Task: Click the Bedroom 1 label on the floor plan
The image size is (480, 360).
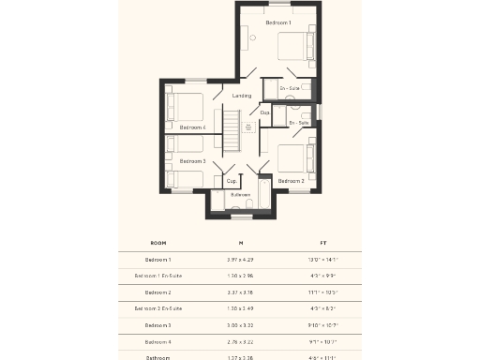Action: pos(278,22)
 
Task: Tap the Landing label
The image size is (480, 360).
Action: pos(241,96)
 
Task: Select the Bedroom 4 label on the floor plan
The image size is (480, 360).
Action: pos(193,127)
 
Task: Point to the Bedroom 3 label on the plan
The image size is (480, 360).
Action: pos(192,161)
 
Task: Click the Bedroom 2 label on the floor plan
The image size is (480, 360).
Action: pos(291,180)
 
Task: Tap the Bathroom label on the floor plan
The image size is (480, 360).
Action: pos(241,195)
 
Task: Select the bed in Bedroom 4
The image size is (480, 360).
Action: pos(185,105)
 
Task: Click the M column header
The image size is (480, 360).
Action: pos(240,242)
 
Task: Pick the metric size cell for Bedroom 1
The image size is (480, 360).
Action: pos(240,259)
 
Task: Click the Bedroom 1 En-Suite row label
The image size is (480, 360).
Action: pos(158,276)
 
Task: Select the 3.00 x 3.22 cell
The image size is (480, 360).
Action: pos(240,324)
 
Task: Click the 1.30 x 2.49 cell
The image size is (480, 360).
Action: pos(240,308)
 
